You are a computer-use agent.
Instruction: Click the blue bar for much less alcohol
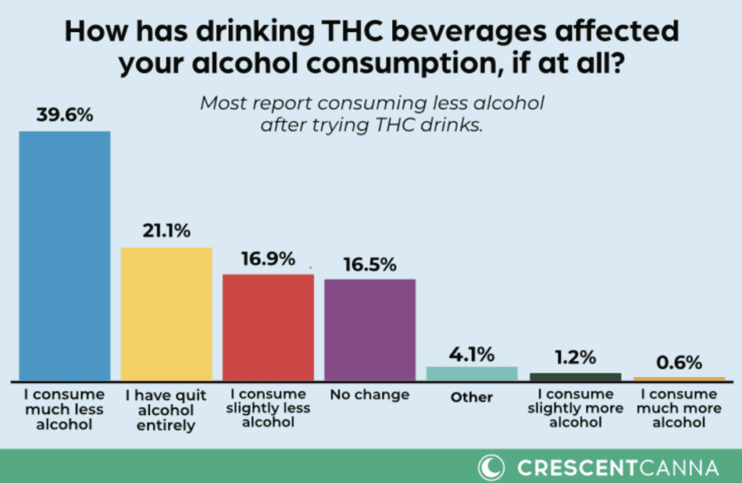pyautogui.click(x=64, y=256)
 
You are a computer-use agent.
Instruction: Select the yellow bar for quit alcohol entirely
pyautogui.click(x=166, y=314)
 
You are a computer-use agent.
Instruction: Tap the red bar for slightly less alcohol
pyautogui.click(x=268, y=327)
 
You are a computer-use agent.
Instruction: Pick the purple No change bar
pyautogui.click(x=370, y=329)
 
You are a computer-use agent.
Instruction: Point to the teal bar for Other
pyautogui.click(x=472, y=374)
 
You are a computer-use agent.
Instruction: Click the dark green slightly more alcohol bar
pyautogui.click(x=575, y=377)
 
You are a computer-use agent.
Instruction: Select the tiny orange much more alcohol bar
pyautogui.click(x=679, y=379)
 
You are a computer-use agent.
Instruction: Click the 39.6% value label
pyautogui.click(x=64, y=115)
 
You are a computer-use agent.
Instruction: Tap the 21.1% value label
pyautogui.click(x=166, y=232)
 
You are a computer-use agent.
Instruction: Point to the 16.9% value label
pyautogui.click(x=268, y=259)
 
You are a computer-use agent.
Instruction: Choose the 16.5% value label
pyautogui.click(x=370, y=264)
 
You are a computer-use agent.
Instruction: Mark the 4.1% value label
pyautogui.click(x=472, y=354)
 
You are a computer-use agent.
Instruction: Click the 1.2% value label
pyautogui.click(x=575, y=357)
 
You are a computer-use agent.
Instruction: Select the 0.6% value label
pyautogui.click(x=679, y=360)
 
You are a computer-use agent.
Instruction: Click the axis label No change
pyautogui.click(x=370, y=395)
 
